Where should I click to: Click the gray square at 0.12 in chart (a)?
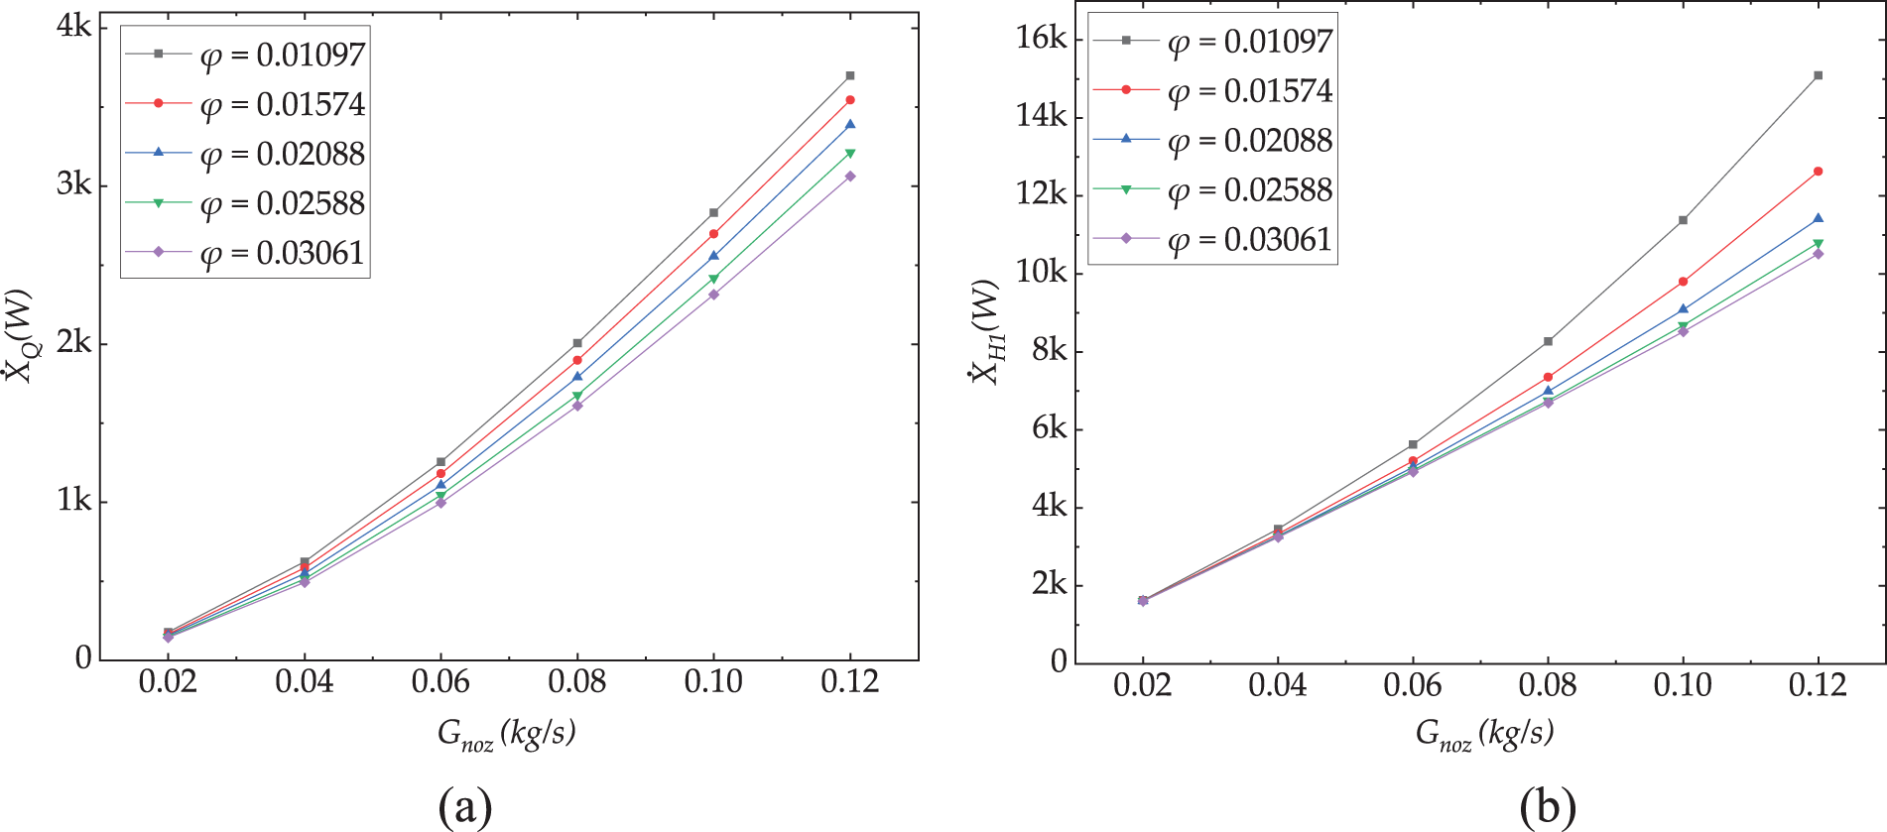[850, 75]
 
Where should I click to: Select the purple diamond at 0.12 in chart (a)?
[850, 177]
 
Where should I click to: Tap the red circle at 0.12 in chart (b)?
[1818, 172]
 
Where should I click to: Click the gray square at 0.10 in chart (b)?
[1683, 220]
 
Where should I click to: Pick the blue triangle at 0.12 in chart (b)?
[1818, 218]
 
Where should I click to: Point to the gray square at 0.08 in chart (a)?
[577, 343]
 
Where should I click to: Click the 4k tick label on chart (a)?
[73, 27]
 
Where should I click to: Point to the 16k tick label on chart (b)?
[1041, 39]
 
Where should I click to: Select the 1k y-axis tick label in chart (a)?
[73, 501]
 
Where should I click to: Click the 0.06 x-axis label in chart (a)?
[440, 682]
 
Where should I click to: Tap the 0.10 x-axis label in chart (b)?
[1683, 685]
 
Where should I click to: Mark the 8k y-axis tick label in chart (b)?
[1049, 350]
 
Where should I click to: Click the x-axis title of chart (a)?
[506, 734]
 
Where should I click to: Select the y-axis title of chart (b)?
[985, 332]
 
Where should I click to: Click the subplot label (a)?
[464, 806]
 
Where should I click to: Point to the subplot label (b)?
[1548, 806]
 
